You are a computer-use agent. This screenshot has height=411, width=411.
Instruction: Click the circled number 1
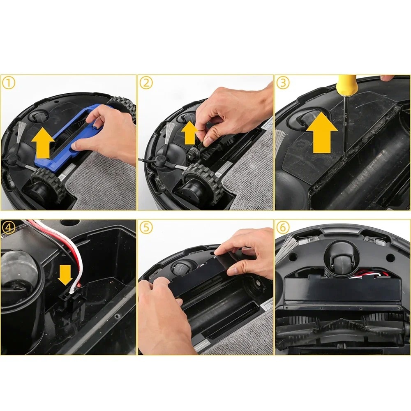(9, 83)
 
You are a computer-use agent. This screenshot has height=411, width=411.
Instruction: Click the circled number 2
(146, 83)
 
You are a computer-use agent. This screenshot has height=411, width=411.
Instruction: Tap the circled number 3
(283, 83)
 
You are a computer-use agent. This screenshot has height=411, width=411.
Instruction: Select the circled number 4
(9, 228)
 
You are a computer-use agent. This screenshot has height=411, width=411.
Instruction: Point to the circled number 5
(146, 228)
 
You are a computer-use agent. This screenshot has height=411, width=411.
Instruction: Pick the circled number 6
(283, 228)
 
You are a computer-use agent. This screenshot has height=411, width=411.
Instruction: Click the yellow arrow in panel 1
(43, 143)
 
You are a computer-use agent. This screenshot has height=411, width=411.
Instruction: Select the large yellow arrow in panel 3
(322, 132)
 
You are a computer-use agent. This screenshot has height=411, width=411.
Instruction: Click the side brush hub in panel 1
(12, 158)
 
